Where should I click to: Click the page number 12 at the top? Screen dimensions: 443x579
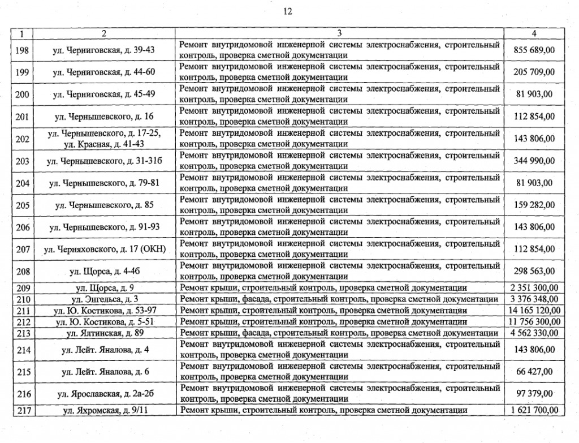(x=288, y=12)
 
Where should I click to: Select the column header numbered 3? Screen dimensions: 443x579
(x=339, y=33)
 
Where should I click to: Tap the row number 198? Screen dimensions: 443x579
(x=23, y=50)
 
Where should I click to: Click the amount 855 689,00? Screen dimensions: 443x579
(x=534, y=50)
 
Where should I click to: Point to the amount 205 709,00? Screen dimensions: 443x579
(x=534, y=72)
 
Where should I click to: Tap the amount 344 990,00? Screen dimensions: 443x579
(x=534, y=161)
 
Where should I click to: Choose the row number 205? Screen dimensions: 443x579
(x=23, y=205)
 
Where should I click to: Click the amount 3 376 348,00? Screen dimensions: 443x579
(x=534, y=299)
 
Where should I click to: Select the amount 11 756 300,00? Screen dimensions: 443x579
(x=534, y=321)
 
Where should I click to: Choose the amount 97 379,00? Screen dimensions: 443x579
(x=534, y=394)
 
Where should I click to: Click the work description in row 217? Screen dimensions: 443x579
(x=323, y=410)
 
